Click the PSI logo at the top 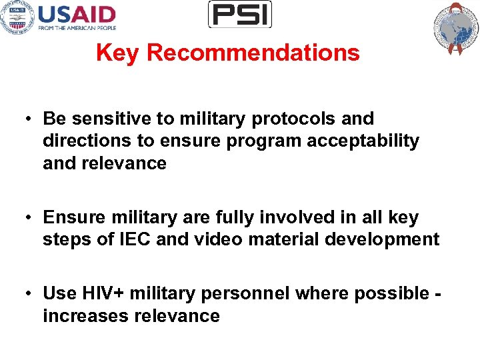click(x=240, y=14)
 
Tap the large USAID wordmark click(x=77, y=14)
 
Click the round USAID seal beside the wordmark click(x=17, y=17)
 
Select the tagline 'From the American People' click(x=77, y=28)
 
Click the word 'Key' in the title click(x=118, y=53)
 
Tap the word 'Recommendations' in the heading click(x=253, y=53)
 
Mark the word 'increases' click(x=85, y=316)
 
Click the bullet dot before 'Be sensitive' click(x=31, y=119)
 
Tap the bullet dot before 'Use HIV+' click(x=31, y=294)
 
